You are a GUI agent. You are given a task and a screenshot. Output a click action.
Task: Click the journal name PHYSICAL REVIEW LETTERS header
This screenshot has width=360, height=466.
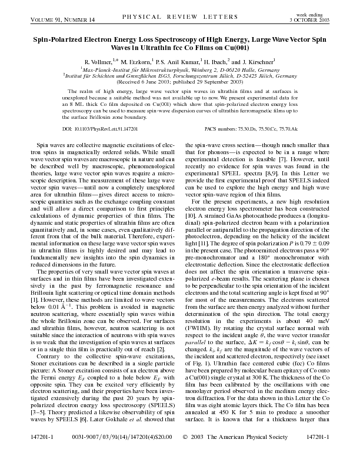coord(179,18)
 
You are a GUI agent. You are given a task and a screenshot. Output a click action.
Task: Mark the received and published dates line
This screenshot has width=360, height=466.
coord(180,83)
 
